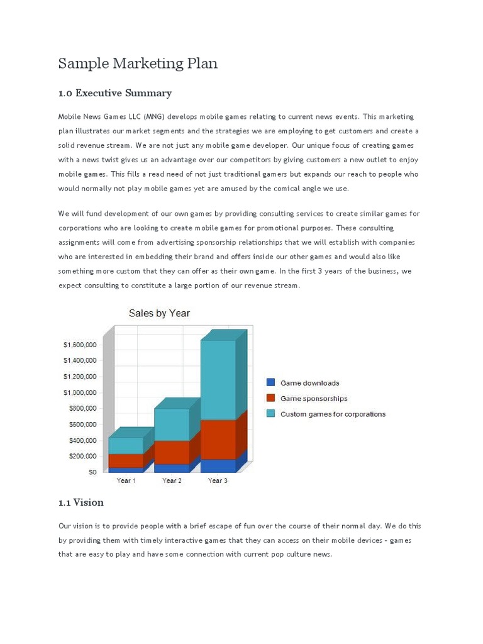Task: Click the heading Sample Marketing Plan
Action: [138, 64]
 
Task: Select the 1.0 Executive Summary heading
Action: [114, 93]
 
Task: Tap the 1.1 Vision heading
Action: [80, 502]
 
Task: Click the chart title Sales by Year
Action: [159, 313]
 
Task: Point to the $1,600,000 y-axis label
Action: [79, 345]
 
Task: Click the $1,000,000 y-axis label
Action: [79, 392]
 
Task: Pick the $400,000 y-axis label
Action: [82, 440]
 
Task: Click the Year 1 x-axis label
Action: [126, 481]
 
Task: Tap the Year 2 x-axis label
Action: [172, 481]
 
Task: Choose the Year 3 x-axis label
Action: [218, 481]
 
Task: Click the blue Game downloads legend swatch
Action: [271, 382]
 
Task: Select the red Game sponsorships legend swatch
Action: [271, 398]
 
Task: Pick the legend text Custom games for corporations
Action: [333, 414]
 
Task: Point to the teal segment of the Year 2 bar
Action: [172, 425]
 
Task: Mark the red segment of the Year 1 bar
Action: [126, 460]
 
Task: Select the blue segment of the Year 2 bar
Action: [172, 469]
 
